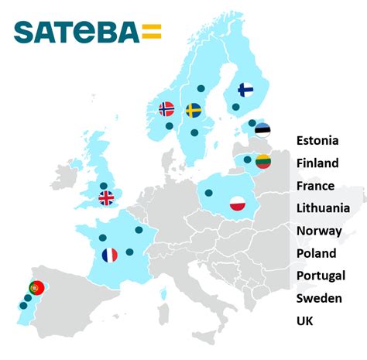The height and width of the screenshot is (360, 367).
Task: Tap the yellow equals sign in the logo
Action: point(152,32)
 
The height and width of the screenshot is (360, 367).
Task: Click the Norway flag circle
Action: point(166,109)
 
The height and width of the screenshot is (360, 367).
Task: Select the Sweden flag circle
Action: point(194,110)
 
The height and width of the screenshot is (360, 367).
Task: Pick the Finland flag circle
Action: point(245,90)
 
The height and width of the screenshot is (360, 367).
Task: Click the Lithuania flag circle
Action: point(263,162)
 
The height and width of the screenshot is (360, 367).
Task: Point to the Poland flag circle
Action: point(238,204)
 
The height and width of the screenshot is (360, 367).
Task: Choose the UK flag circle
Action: point(106,197)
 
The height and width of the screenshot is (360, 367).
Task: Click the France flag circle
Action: point(110,254)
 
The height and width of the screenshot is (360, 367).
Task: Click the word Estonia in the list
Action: point(317,141)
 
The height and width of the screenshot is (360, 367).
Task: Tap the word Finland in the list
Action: point(317,163)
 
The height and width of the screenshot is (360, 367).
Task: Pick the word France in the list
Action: point(315,186)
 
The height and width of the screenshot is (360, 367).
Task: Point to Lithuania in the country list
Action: point(323,208)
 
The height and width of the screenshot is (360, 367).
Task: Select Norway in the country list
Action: point(317,231)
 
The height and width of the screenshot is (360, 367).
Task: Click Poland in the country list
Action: point(316,253)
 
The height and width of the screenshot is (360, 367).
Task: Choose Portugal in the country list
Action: point(321,276)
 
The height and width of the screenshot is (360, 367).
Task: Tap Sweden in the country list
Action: point(318,298)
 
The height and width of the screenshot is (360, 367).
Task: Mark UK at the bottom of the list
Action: point(305,321)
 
